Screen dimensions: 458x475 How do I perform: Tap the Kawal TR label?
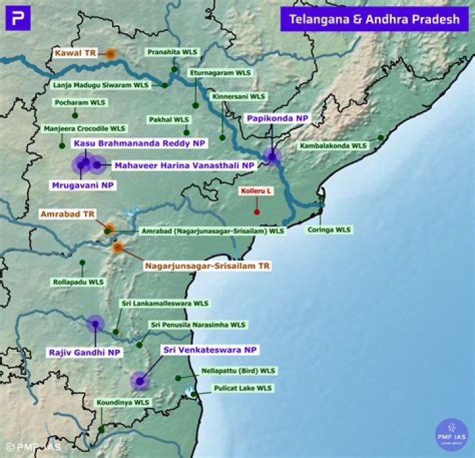75,52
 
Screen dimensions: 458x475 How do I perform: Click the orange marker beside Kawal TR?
111,54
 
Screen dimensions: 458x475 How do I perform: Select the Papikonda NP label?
277,118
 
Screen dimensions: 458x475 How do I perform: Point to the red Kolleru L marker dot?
257,212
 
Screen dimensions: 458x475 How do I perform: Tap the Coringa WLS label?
329,230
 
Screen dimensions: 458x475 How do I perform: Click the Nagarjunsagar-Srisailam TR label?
199,266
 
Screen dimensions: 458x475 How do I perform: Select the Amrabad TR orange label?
68,214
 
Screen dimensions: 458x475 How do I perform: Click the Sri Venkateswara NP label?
210,349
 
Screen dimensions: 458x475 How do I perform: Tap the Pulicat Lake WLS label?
234,388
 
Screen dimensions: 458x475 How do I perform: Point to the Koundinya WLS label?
123,402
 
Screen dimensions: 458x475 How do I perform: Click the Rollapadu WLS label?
78,282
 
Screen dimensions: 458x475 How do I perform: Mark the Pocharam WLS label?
80,103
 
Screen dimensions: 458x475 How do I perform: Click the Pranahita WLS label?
172,51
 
